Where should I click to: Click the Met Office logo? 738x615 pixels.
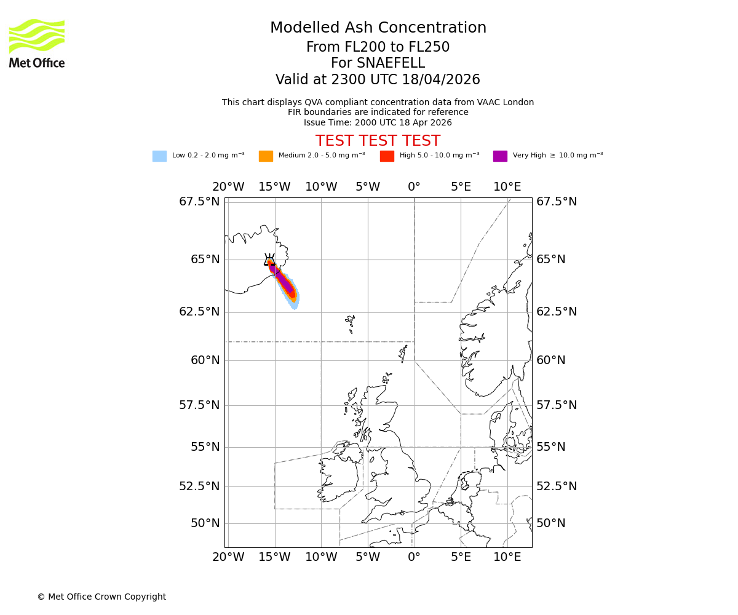coord(37,43)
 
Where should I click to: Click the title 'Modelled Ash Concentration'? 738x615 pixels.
coord(378,28)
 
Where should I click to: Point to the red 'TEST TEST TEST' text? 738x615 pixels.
coord(378,141)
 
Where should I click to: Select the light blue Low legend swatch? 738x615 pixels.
coord(159,156)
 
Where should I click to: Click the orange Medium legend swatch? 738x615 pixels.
coord(266,156)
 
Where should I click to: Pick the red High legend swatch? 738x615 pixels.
coord(387,156)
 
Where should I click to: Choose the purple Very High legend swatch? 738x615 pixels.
coord(500,156)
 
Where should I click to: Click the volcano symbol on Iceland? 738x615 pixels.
coord(269,260)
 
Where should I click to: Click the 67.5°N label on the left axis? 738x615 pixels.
coord(199,202)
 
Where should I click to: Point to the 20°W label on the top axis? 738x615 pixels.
coord(228,187)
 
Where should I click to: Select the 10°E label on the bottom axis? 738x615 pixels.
coord(507,557)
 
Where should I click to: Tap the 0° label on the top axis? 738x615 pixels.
coord(414,187)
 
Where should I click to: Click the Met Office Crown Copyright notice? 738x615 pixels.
coord(101,597)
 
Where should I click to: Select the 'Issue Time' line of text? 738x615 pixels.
coord(378,123)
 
